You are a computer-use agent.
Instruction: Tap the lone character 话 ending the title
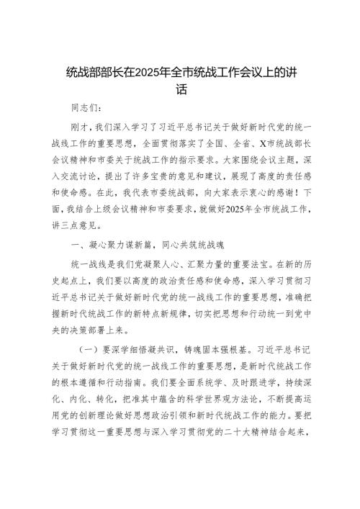[x=181, y=91]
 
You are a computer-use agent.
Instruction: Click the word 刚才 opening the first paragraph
[x=81, y=127]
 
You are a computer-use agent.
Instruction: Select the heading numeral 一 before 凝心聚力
[x=75, y=265]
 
